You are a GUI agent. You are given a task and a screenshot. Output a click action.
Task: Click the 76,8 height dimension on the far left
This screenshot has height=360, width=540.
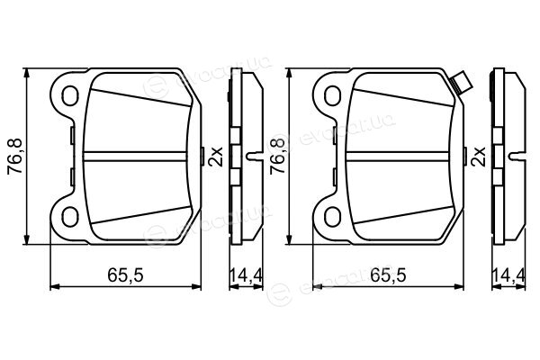tap(14, 156)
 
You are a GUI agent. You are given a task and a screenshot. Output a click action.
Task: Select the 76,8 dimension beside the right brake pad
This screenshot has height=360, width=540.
tap(277, 156)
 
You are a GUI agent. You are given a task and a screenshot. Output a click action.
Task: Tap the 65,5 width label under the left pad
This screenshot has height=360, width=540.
tap(125, 275)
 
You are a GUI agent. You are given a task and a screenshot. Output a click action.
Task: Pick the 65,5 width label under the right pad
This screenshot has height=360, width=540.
tap(388, 275)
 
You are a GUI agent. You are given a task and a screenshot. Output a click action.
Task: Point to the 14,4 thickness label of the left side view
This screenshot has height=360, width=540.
tap(246, 275)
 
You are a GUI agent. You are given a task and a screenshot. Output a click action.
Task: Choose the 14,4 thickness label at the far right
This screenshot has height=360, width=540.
tap(508, 275)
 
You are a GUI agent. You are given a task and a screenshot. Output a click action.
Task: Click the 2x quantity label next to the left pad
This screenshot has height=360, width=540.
tap(217, 157)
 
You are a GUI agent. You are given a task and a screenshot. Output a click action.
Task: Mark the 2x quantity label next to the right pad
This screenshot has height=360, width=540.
tap(480, 157)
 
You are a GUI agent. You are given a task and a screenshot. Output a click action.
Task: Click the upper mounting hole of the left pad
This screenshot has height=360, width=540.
tap(70, 95)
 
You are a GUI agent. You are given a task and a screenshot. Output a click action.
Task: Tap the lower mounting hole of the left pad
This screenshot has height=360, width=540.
tap(70, 217)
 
